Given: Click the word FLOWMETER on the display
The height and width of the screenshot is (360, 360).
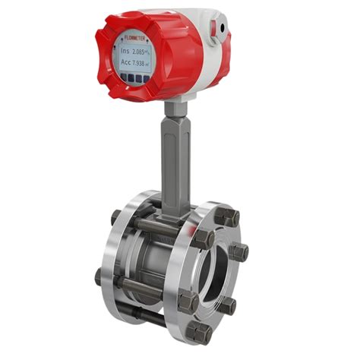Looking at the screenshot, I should tap(135, 36).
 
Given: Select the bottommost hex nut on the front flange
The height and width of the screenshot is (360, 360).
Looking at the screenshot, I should tap(199, 330).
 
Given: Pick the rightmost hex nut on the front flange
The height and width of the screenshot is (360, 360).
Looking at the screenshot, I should tap(238, 252).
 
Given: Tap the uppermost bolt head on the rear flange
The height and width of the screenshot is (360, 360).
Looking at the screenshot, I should tap(117, 216).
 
